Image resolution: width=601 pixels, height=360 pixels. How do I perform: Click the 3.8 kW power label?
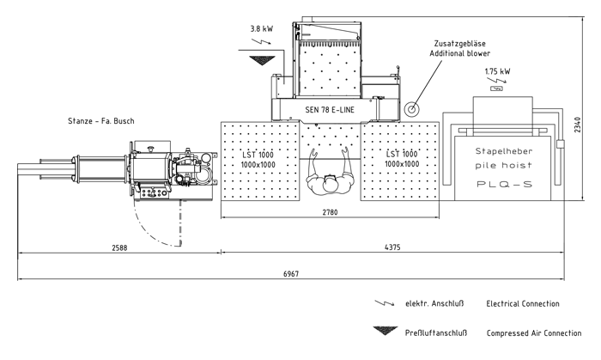point(261,28)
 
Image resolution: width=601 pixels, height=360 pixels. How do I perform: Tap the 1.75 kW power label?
point(497,71)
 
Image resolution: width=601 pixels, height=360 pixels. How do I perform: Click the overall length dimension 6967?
point(290,272)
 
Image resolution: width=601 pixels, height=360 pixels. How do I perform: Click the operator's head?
point(330,183)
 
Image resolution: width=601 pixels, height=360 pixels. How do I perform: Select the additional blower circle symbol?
point(413,109)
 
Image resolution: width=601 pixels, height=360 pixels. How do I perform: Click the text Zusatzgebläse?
point(462,42)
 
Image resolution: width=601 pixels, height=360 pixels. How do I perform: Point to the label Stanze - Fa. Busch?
point(101,120)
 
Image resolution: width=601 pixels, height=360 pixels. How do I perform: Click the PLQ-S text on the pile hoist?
point(504,184)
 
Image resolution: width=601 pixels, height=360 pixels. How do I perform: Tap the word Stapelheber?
point(504,151)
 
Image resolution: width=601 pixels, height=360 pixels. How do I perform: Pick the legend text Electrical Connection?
point(522,304)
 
